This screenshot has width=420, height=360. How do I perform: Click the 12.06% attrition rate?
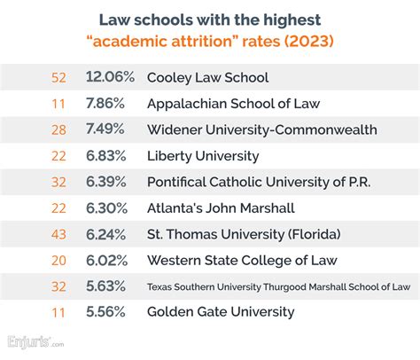pyautogui.click(x=111, y=77)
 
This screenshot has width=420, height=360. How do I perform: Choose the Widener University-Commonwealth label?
pyautogui.click(x=261, y=129)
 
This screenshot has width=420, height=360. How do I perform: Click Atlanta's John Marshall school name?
pyautogui.click(x=220, y=208)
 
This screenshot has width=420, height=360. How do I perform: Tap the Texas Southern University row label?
pyautogui.click(x=277, y=287)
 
